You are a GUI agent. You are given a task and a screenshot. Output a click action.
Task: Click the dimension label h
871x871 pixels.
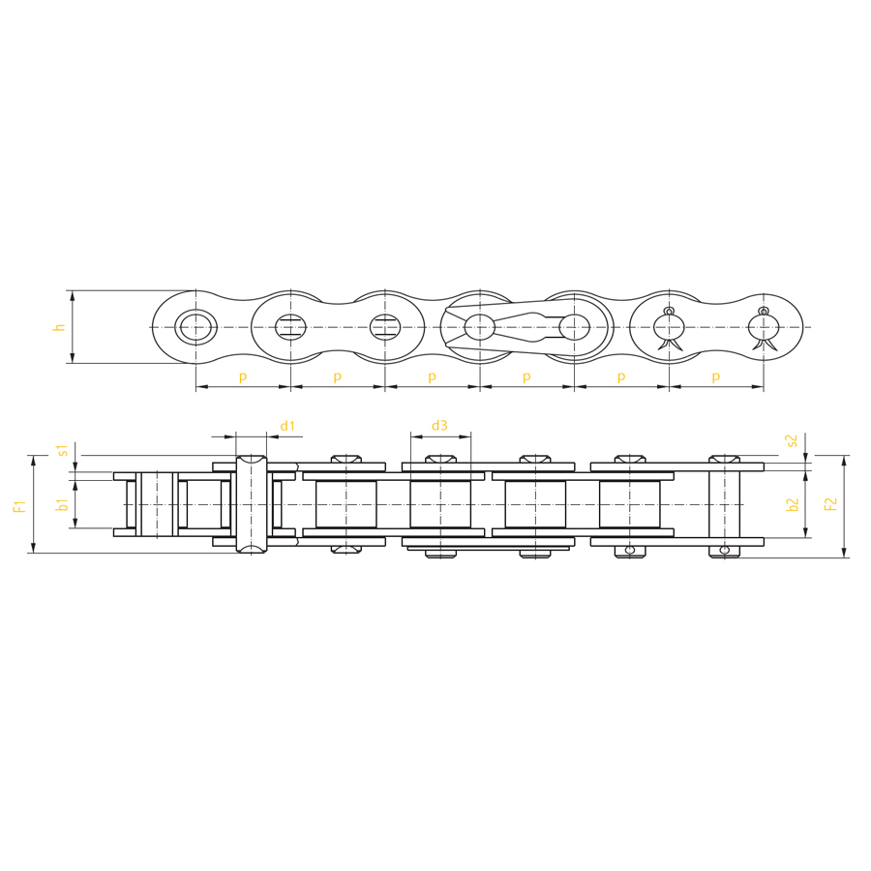click(59, 327)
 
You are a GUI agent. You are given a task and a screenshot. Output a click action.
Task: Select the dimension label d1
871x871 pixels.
click(287, 426)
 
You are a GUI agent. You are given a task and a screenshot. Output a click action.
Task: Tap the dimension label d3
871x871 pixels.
click(439, 426)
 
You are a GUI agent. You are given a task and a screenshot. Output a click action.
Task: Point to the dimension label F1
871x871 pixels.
click(20, 505)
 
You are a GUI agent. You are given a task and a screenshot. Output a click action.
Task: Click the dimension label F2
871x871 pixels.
click(831, 504)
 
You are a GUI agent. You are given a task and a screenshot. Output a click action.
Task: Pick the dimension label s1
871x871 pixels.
click(63, 450)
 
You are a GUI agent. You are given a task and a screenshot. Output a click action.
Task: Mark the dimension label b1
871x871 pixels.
click(63, 504)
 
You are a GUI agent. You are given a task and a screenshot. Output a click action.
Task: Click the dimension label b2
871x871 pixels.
click(793, 504)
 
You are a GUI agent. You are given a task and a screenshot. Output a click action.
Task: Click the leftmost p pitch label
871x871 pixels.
click(243, 377)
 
